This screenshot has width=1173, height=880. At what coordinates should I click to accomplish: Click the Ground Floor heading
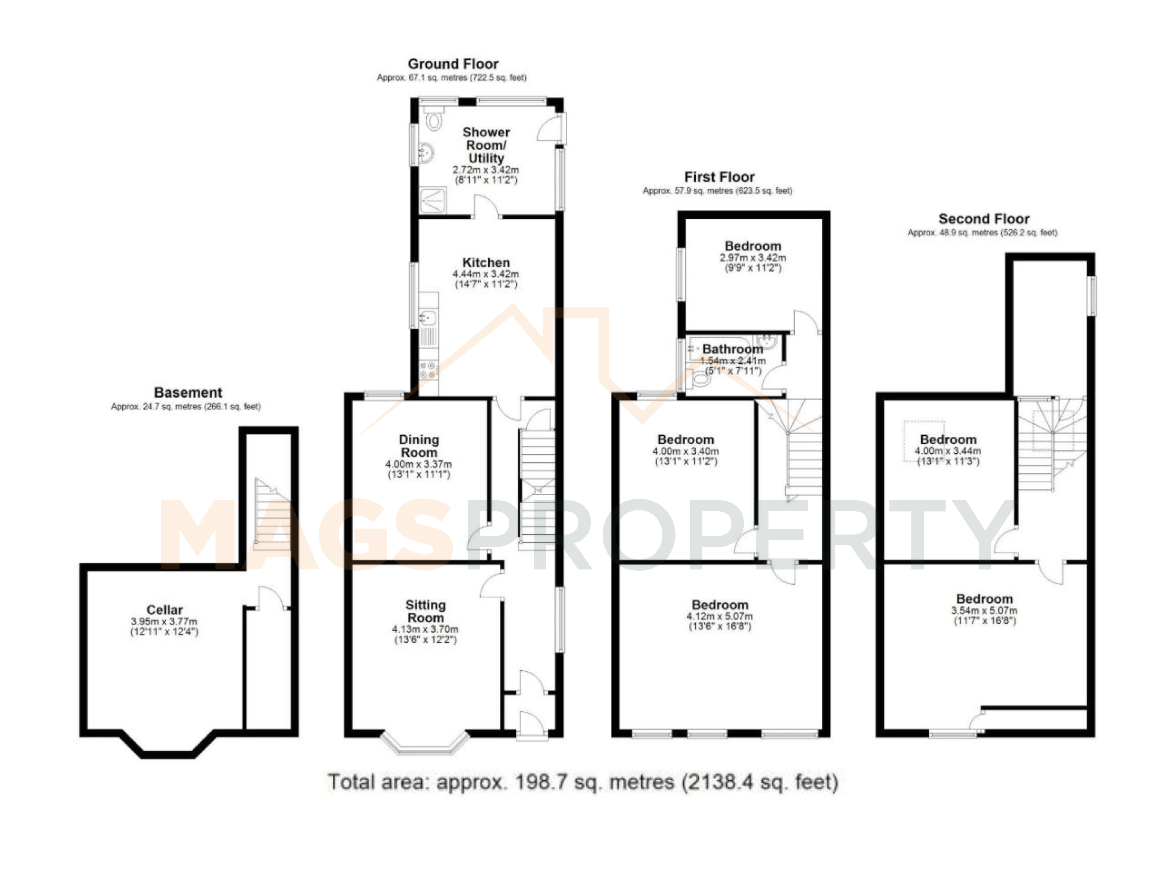pyautogui.click(x=453, y=64)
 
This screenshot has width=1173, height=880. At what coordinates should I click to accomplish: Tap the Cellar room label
pyautogui.click(x=164, y=610)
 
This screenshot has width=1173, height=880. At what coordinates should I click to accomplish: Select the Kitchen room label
pyautogui.click(x=486, y=262)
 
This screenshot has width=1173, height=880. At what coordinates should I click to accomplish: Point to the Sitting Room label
pyautogui.click(x=425, y=612)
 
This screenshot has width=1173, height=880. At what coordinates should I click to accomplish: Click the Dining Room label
pyautogui.click(x=419, y=446)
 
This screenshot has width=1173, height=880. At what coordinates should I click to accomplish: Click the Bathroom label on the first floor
pyautogui.click(x=733, y=349)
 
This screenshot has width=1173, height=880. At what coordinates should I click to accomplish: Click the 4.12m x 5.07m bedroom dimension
pyautogui.click(x=720, y=616)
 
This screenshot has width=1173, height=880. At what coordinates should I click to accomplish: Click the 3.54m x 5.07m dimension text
pyautogui.click(x=984, y=611)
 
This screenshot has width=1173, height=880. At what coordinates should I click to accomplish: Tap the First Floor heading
pyautogui.click(x=719, y=177)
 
